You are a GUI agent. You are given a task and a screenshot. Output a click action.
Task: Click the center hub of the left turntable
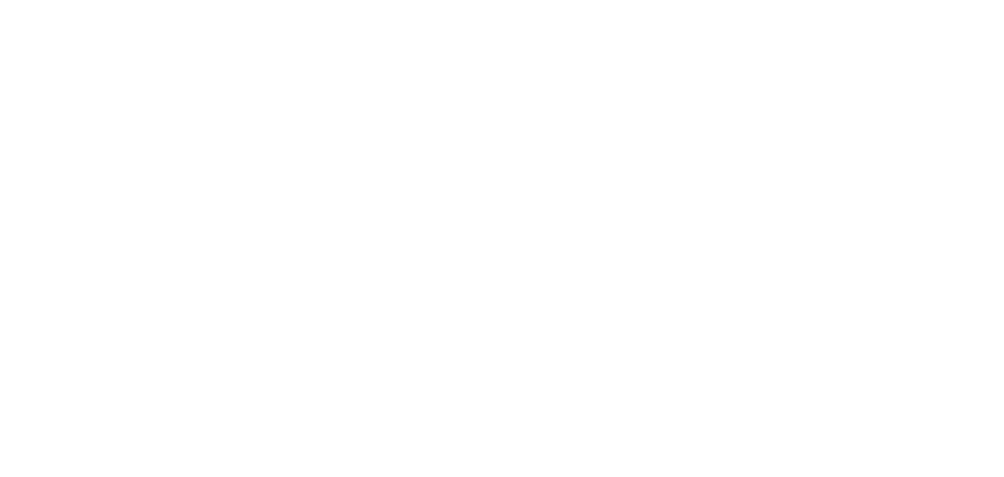click(x=238, y=295)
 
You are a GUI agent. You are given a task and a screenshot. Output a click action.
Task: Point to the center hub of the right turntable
click(x=769, y=295)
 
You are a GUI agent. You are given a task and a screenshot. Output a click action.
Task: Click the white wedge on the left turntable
click(x=173, y=357)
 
